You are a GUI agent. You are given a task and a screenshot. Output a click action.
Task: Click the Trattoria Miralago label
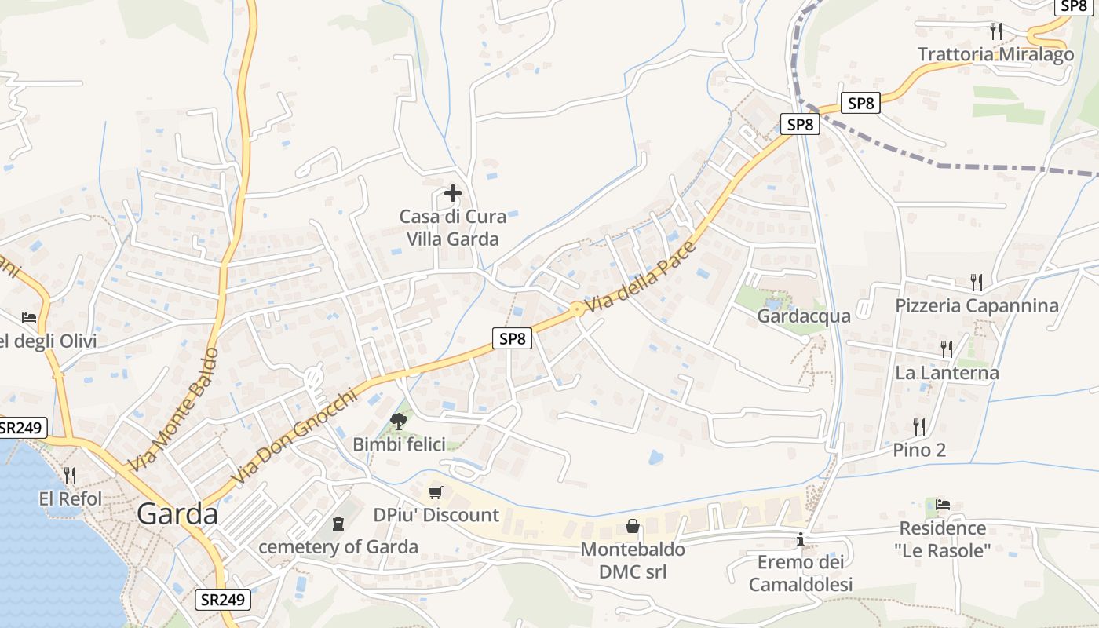(995, 54)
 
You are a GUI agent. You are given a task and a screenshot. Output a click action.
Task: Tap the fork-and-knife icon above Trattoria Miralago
(995, 31)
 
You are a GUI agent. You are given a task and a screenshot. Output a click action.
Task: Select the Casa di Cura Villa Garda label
(452, 228)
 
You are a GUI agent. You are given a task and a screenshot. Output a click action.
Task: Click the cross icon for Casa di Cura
(453, 193)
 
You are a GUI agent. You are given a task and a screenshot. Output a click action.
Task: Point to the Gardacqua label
(803, 316)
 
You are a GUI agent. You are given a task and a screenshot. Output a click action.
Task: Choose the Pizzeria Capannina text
(977, 305)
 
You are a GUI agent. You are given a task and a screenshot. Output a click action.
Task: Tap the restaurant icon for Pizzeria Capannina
(977, 282)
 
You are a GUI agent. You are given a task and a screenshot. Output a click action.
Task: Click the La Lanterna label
(947, 373)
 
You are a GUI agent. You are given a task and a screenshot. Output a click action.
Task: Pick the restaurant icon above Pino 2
(919, 427)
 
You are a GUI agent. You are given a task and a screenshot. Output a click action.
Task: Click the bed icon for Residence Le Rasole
(943, 504)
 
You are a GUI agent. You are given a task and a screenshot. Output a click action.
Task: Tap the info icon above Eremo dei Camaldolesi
(801, 539)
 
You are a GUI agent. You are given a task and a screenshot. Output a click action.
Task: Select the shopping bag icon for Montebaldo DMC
(632, 526)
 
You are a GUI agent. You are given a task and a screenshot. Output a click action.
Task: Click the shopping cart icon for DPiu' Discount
(436, 492)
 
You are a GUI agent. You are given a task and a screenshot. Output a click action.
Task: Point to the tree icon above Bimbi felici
(399, 421)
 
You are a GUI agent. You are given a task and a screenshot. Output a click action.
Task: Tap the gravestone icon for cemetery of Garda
(338, 523)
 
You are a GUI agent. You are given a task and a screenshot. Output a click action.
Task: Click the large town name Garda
(177, 513)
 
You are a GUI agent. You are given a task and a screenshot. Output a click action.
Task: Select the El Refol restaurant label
(70, 498)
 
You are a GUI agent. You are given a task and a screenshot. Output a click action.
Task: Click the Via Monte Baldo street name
(173, 411)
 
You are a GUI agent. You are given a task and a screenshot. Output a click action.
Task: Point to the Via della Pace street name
(640, 276)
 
